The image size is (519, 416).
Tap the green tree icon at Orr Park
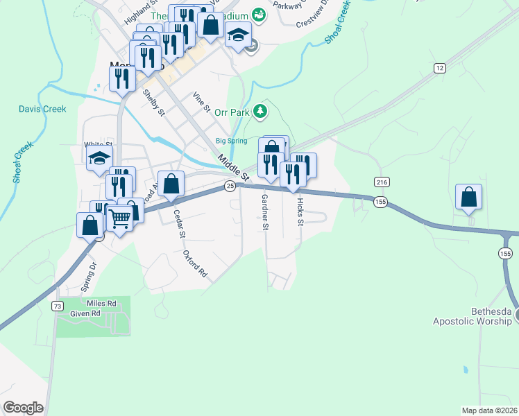[x=260, y=110]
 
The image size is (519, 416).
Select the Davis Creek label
[x=42, y=109]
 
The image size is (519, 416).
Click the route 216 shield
[x=381, y=182]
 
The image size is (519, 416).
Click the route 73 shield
[x=58, y=306]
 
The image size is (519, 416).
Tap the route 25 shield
[x=230, y=185]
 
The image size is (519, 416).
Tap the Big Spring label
[x=231, y=141]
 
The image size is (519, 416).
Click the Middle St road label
[x=233, y=167]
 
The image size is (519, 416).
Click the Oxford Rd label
[x=195, y=264]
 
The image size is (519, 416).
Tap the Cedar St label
[x=179, y=223]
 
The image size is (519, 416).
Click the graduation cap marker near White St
[x=99, y=157]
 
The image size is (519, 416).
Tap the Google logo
[x=23, y=408]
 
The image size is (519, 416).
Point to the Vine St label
[x=202, y=102]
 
